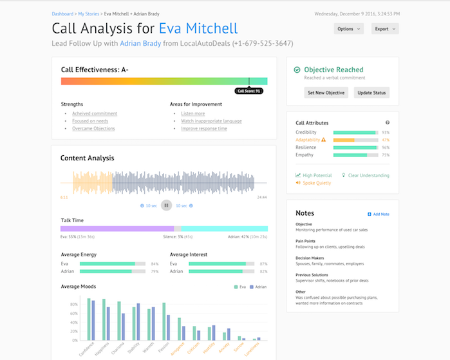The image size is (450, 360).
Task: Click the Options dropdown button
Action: click(x=349, y=29)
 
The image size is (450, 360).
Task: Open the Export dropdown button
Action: click(x=385, y=29)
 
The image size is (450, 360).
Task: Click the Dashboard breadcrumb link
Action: click(x=62, y=13)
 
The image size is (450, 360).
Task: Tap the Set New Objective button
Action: click(x=326, y=93)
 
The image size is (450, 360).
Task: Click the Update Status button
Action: click(x=371, y=93)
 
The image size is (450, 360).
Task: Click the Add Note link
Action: click(x=379, y=214)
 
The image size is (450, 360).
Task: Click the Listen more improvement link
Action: click(x=193, y=113)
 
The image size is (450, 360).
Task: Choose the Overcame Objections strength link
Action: click(x=93, y=128)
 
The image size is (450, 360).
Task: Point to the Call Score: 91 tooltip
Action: click(x=248, y=91)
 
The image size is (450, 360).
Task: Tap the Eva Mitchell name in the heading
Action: click(x=198, y=28)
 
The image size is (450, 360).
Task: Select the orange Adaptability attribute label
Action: click(x=308, y=140)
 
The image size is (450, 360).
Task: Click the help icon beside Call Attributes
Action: click(x=388, y=122)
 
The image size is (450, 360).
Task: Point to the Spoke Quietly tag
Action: click(x=314, y=183)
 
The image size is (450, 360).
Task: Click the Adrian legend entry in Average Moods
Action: click(x=258, y=287)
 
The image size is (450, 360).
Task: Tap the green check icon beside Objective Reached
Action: click(x=297, y=70)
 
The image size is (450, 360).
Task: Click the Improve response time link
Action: click(x=203, y=128)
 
